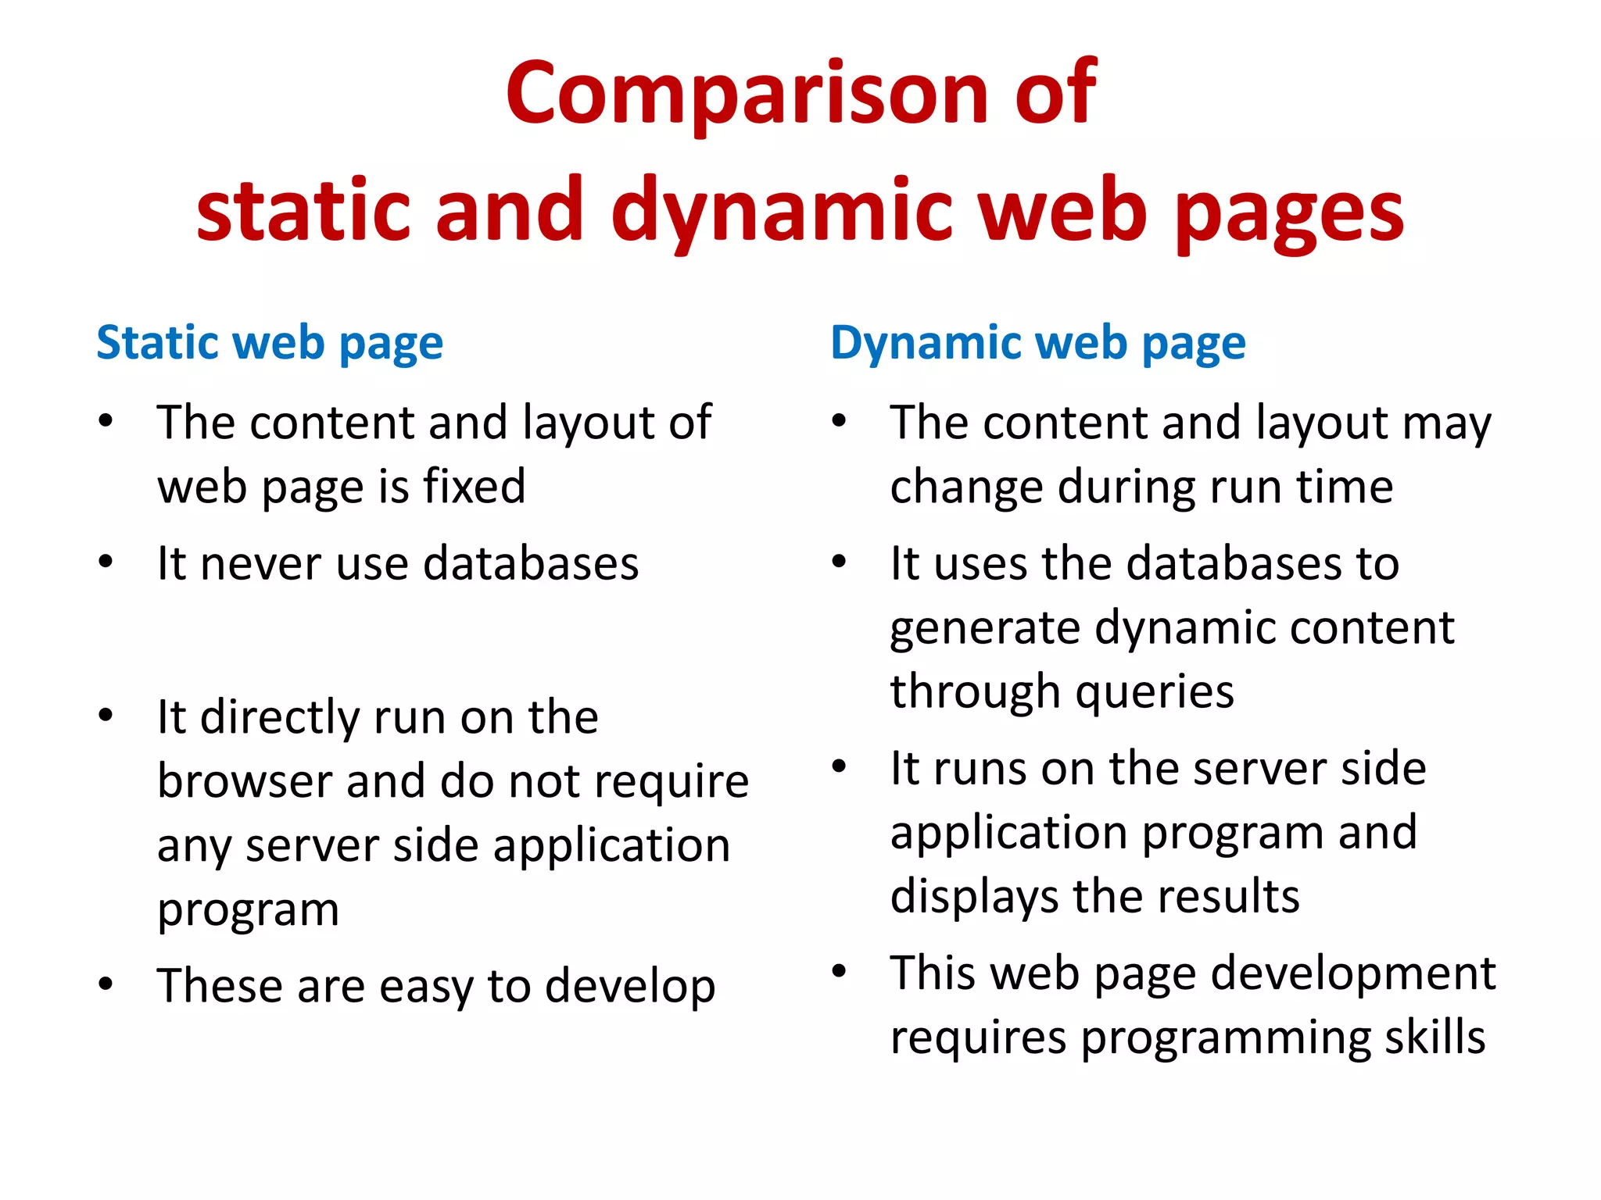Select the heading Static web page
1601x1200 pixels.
270,344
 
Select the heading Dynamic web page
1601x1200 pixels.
1037,344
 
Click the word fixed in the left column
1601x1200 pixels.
474,487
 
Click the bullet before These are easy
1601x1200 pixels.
106,984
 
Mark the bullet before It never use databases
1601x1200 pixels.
106,562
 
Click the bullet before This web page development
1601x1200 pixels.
839,972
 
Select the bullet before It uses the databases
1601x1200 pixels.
839,562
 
